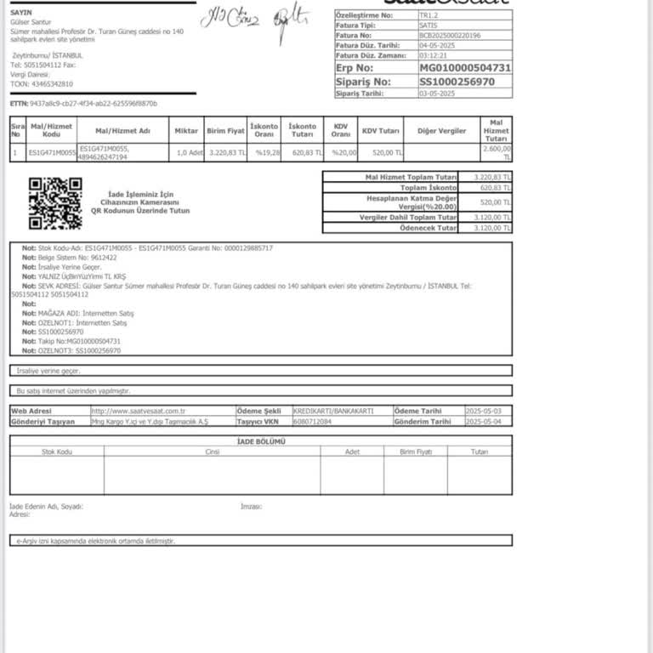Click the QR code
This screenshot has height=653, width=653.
click(55, 203)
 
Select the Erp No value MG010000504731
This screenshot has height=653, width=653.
click(465, 67)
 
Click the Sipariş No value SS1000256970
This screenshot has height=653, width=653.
click(457, 82)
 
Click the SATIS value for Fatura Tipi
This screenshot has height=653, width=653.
click(429, 26)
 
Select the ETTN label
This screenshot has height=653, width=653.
click(19, 104)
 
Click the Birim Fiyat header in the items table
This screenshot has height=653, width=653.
click(226, 131)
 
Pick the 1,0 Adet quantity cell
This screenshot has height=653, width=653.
click(188, 153)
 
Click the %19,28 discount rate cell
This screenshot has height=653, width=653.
click(267, 153)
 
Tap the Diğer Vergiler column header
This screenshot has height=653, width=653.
click(441, 131)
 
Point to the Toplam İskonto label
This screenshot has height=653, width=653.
click(429, 187)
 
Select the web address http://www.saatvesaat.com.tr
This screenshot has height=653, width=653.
click(139, 411)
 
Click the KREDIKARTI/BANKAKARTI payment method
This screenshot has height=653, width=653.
click(332, 411)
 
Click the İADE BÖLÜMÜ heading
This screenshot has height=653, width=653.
click(261, 441)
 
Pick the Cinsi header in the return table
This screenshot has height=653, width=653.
click(213, 451)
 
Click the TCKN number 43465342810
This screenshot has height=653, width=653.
click(53, 84)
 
